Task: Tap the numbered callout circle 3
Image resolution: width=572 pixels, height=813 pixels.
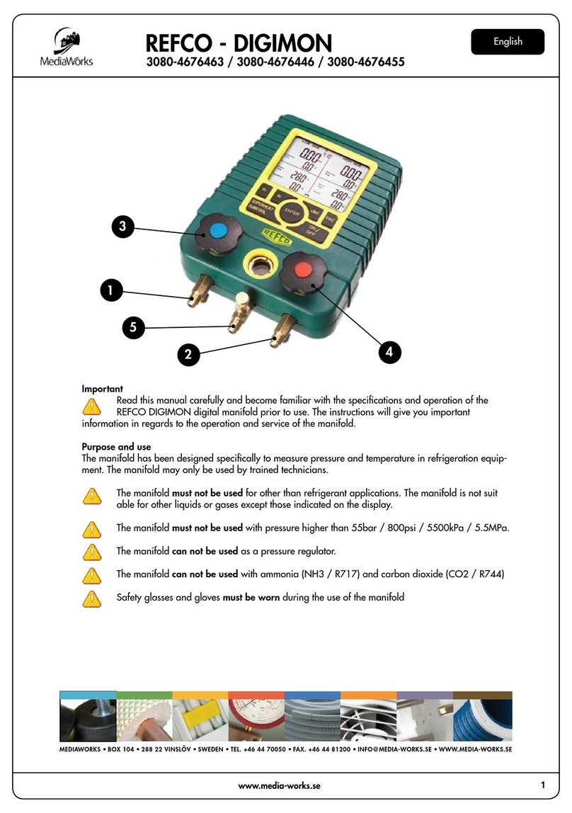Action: (122, 227)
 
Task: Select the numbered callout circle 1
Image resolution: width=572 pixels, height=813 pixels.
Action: (110, 289)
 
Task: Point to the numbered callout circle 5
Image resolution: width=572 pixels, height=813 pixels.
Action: (132, 326)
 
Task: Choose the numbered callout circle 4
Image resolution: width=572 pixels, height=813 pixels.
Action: (389, 351)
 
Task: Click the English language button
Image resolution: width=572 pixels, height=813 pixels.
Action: (508, 42)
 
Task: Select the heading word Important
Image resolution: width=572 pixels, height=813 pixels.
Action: (103, 389)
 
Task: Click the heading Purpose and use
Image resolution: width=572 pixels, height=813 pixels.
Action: (117, 447)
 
